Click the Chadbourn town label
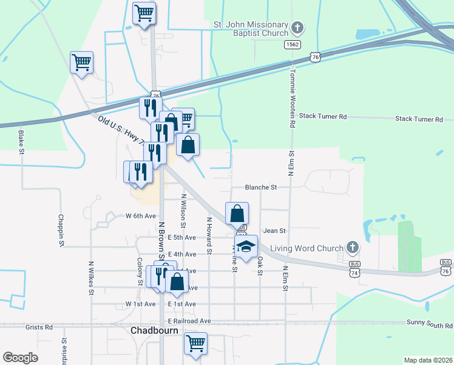click(x=154, y=330)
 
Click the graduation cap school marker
click(x=246, y=247)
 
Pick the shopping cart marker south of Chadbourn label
click(x=195, y=344)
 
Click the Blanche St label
click(x=260, y=187)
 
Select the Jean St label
click(x=274, y=231)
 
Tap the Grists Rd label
click(x=39, y=327)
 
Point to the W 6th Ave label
click(x=141, y=216)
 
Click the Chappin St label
click(x=61, y=230)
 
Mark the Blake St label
click(x=21, y=141)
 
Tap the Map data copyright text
click(x=427, y=360)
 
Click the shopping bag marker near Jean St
click(x=237, y=214)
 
